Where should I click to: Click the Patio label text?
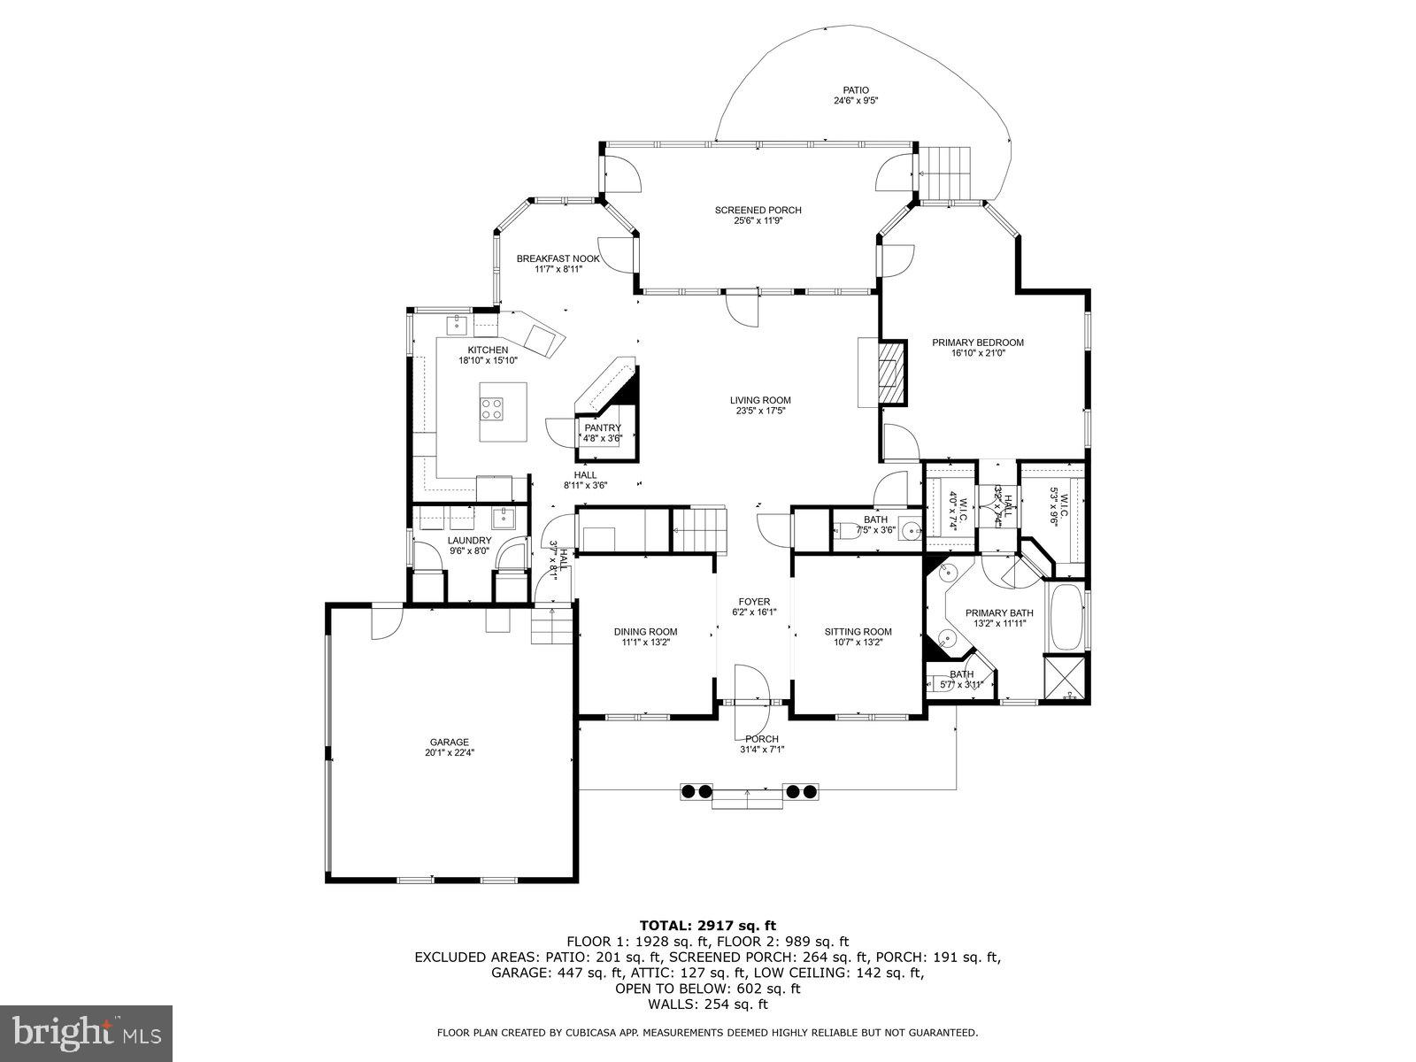point(855,90)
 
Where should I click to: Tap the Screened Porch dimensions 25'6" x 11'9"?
point(758,221)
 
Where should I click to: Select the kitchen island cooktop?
point(492,408)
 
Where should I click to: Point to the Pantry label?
point(603,428)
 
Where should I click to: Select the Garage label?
point(449,743)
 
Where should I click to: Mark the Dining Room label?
point(645,632)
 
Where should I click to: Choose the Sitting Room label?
point(858,632)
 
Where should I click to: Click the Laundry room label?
point(469,541)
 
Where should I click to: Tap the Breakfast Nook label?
point(558,259)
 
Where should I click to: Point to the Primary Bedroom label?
point(977,342)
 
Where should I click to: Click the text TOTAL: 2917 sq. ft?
point(707,926)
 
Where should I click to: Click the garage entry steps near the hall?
point(551,630)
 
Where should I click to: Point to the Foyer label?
point(751,602)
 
